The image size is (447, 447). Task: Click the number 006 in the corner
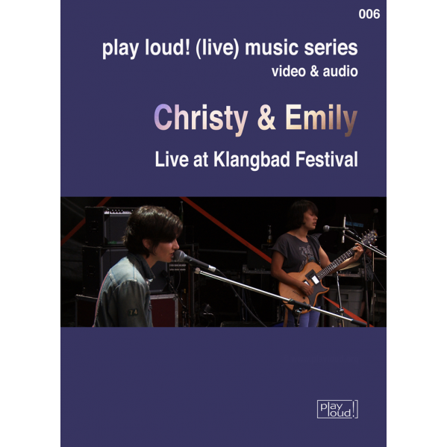point(369,14)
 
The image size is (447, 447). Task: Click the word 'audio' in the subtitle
point(340,72)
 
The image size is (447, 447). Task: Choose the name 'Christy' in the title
point(201,119)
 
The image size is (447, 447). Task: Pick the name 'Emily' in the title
point(322,119)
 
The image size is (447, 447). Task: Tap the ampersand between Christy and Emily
point(266,118)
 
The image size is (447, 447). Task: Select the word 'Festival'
point(327,160)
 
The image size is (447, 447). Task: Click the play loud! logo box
point(337,410)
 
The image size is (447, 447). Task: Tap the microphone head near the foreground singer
point(180,255)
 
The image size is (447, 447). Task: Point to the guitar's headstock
point(369,236)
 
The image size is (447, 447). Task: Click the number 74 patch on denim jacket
point(133,312)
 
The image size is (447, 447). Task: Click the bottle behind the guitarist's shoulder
point(269,234)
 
